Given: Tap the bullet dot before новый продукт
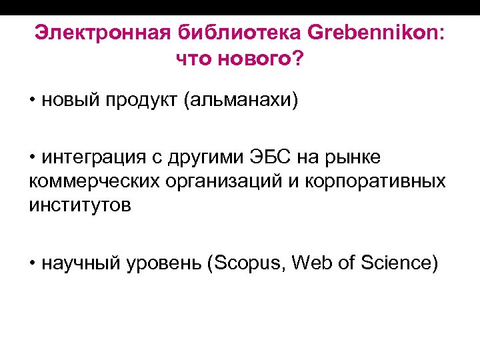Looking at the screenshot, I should pos(33,101).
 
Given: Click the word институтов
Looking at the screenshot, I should pos(80,206).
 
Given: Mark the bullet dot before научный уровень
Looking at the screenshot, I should pos(33,263).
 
